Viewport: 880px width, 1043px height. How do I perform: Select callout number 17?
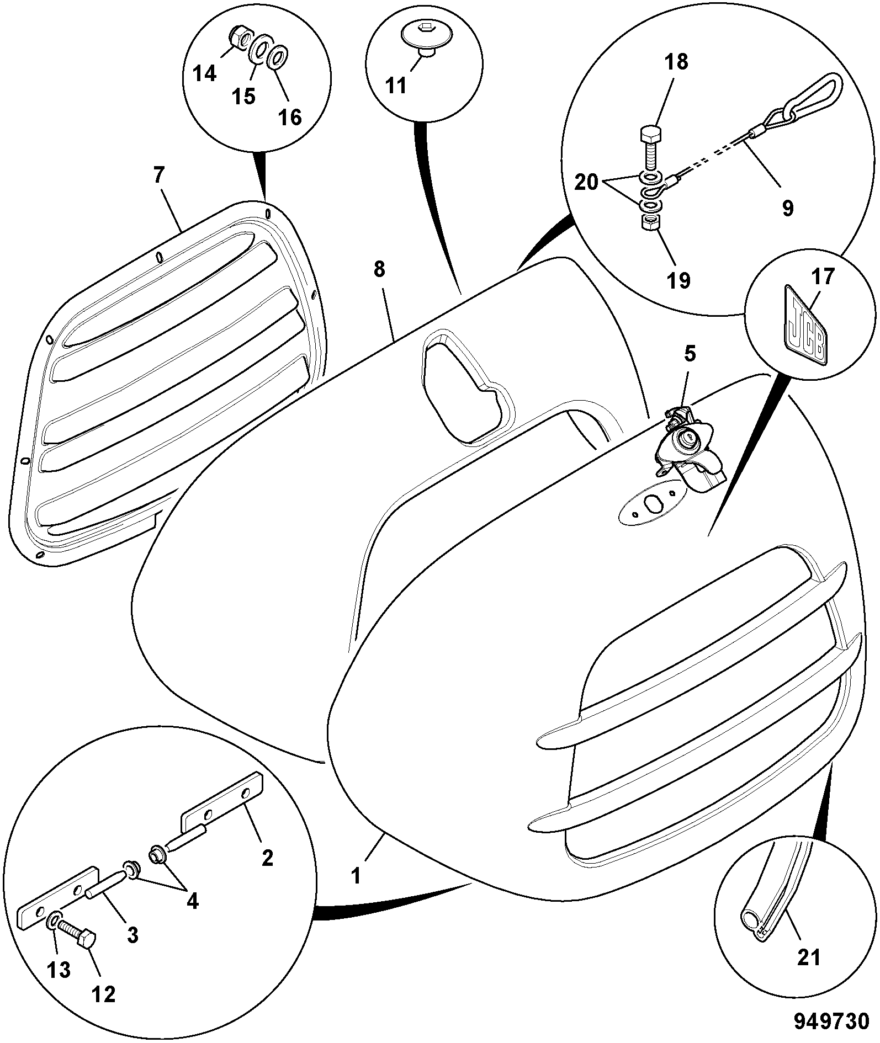coord(823,276)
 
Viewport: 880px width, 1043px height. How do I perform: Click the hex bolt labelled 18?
coord(650,148)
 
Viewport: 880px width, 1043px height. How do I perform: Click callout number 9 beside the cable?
coord(788,209)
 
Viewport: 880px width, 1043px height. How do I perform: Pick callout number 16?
coord(290,117)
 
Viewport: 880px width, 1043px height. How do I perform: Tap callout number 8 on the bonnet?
coord(379,270)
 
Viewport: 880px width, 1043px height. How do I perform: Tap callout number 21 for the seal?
coord(809,958)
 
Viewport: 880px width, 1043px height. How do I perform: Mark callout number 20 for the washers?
coord(586,182)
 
